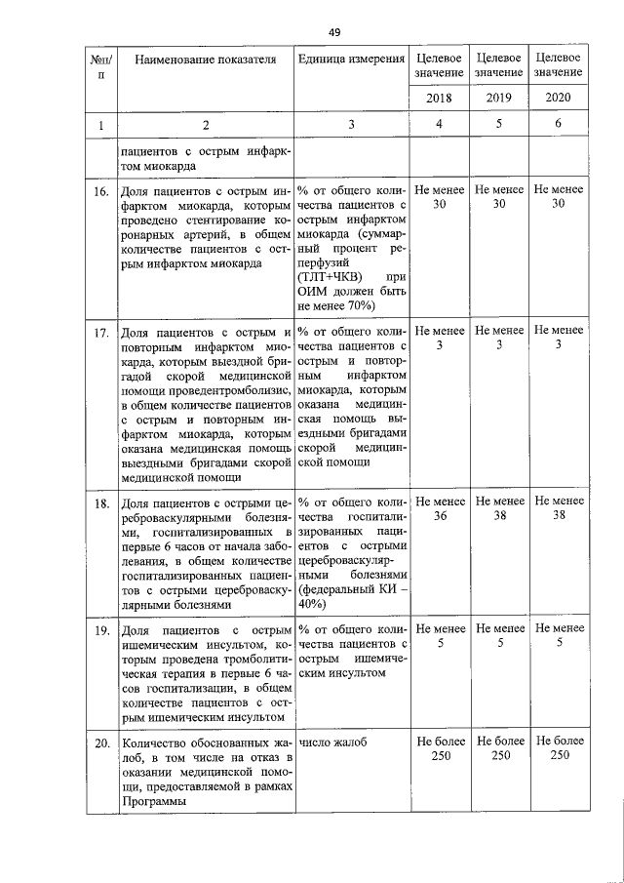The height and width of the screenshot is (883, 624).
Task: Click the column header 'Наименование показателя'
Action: (x=205, y=60)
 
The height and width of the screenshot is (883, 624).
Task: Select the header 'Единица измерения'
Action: (x=351, y=60)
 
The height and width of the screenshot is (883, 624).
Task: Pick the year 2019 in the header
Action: (x=499, y=99)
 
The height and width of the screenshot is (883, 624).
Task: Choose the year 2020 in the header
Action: (x=559, y=99)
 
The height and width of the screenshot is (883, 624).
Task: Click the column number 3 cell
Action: (x=351, y=125)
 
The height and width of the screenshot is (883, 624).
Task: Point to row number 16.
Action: (x=99, y=192)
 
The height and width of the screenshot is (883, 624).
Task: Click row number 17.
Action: (x=99, y=334)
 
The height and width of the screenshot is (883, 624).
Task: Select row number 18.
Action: (x=99, y=502)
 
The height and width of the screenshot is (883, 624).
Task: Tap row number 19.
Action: (x=99, y=630)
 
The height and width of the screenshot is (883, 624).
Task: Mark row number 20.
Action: (x=99, y=744)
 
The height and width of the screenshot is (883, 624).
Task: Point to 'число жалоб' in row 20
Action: (x=333, y=743)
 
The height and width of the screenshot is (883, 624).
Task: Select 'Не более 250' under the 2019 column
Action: (x=499, y=750)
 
